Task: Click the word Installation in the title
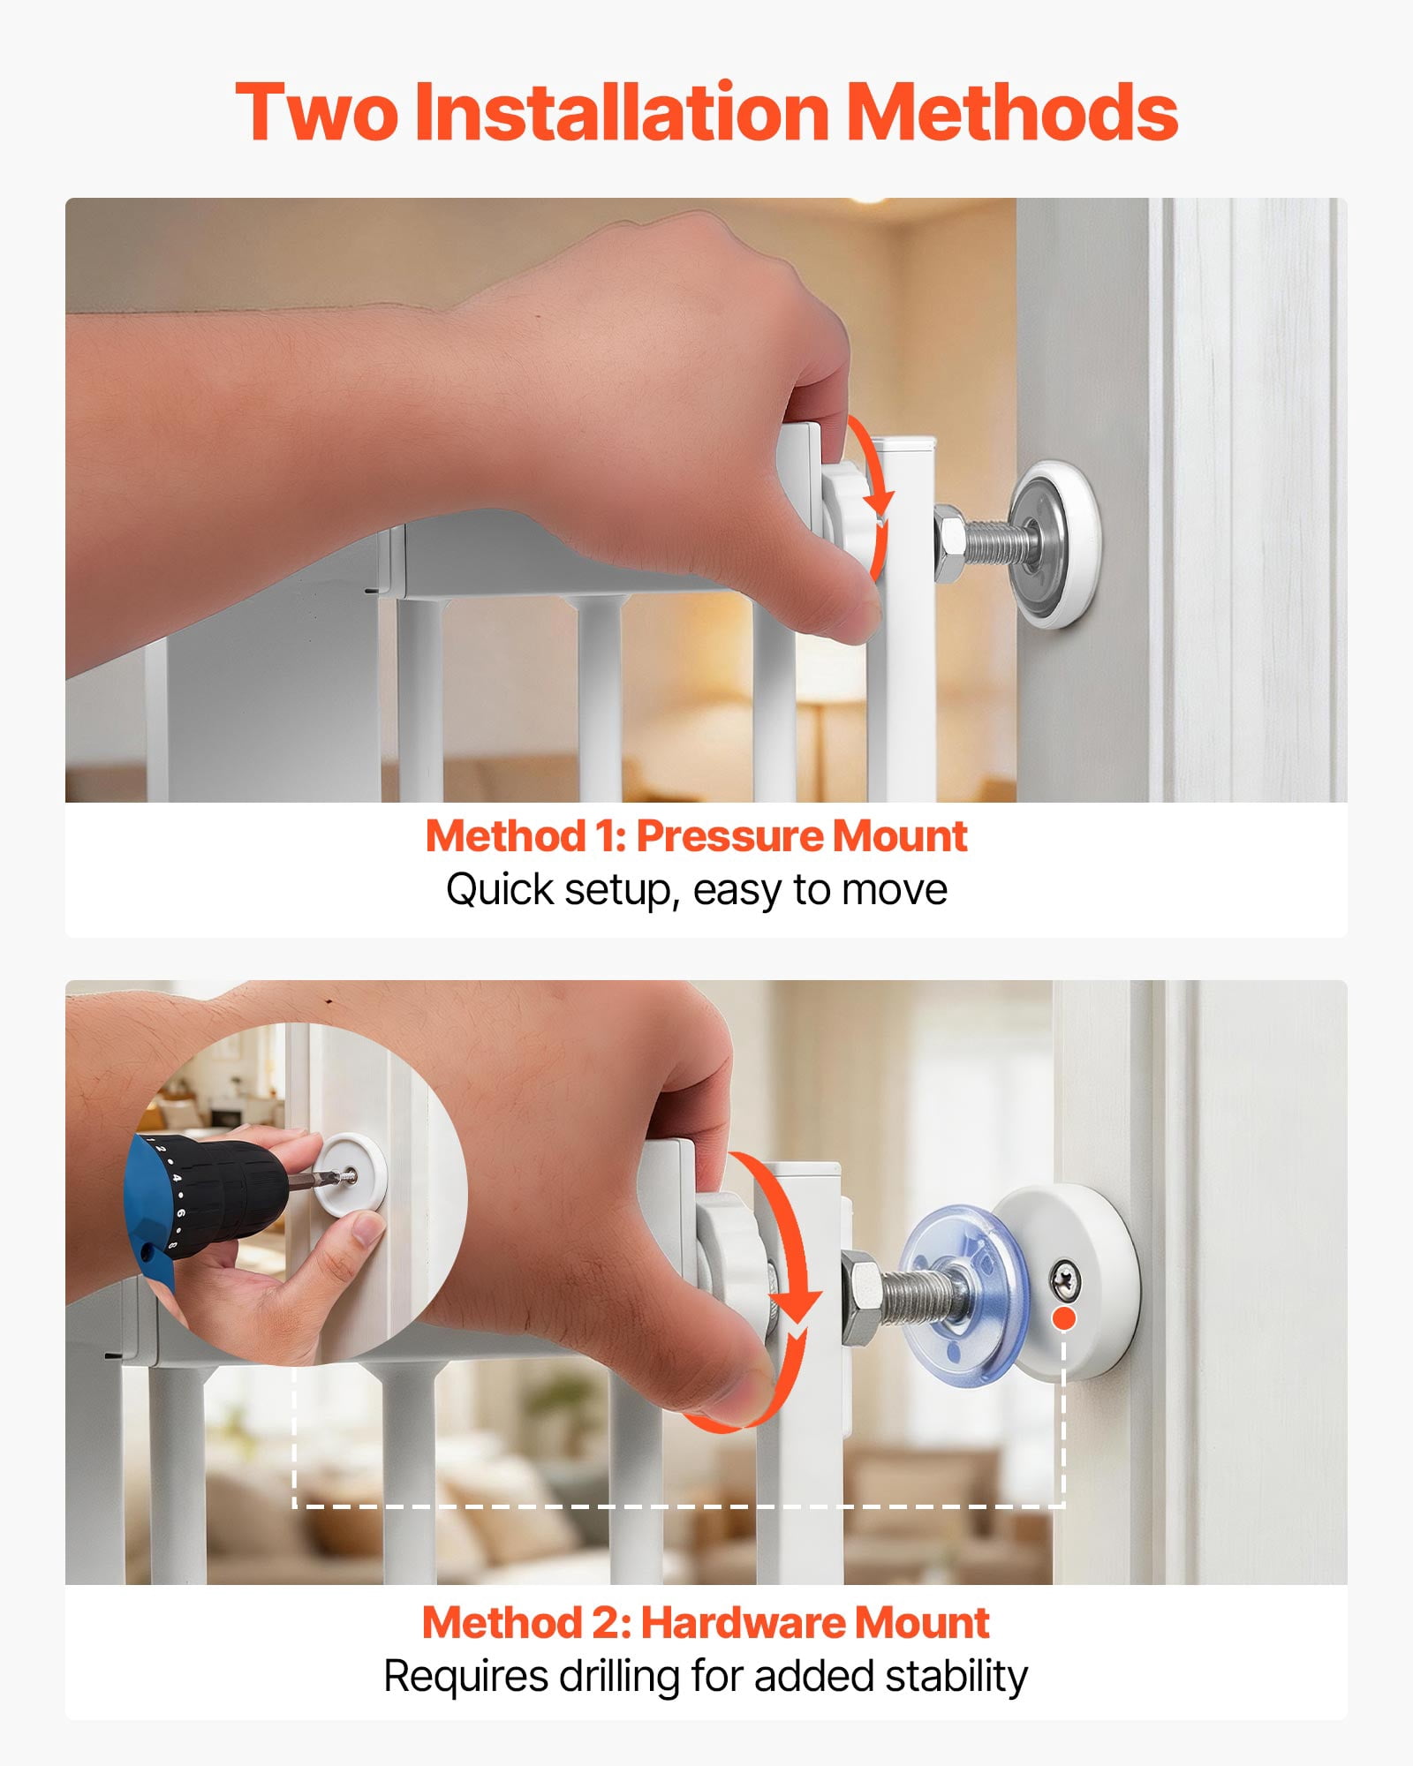tap(622, 111)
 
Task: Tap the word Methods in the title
tap(1012, 111)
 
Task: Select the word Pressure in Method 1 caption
tap(728, 835)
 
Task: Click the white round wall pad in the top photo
tap(1054, 543)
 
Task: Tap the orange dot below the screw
tap(1065, 1318)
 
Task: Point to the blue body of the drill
tap(150, 1210)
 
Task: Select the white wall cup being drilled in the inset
tap(350, 1172)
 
